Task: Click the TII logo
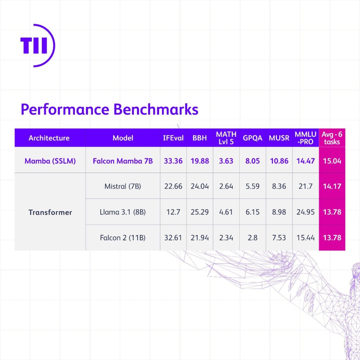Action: coord(37,45)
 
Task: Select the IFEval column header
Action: coord(173,138)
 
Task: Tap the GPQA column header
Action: coord(253,138)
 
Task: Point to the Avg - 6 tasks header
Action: coord(332,138)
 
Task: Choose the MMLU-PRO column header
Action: coord(305,138)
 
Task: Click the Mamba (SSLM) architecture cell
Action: coord(50,161)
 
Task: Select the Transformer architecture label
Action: coord(50,212)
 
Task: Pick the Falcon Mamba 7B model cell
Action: coord(123,161)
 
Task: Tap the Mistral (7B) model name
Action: coord(123,186)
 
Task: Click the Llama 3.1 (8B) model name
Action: coord(123,212)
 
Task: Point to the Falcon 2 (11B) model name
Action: coord(123,238)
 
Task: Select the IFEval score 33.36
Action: coord(173,161)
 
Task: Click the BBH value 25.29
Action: coord(200,212)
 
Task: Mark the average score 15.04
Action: coord(332,161)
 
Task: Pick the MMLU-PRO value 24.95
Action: coord(305,212)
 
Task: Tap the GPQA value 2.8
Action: coord(253,238)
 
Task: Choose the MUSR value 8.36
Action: coord(279,186)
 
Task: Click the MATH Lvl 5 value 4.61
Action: coord(226,212)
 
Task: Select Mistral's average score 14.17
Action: coord(332,186)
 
